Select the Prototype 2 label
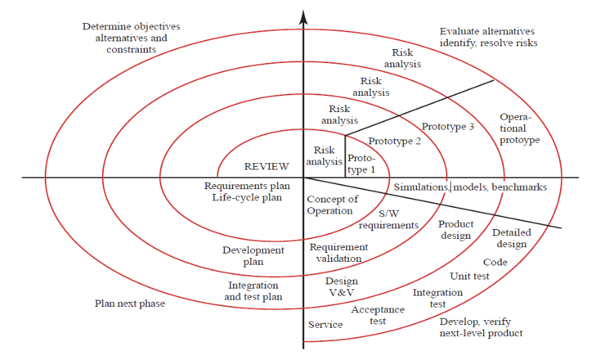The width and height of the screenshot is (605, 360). click(x=396, y=141)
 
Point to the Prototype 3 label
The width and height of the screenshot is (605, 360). click(x=448, y=127)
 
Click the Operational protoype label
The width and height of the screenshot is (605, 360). click(x=519, y=128)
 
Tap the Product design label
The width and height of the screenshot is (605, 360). click(x=455, y=230)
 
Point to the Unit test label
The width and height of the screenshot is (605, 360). click(x=469, y=276)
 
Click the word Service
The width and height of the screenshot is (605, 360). click(x=325, y=325)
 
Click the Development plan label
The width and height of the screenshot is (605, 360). click(x=253, y=255)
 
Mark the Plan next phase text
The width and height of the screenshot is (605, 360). click(x=130, y=304)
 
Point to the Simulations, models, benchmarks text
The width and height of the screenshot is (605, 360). click(x=470, y=187)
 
